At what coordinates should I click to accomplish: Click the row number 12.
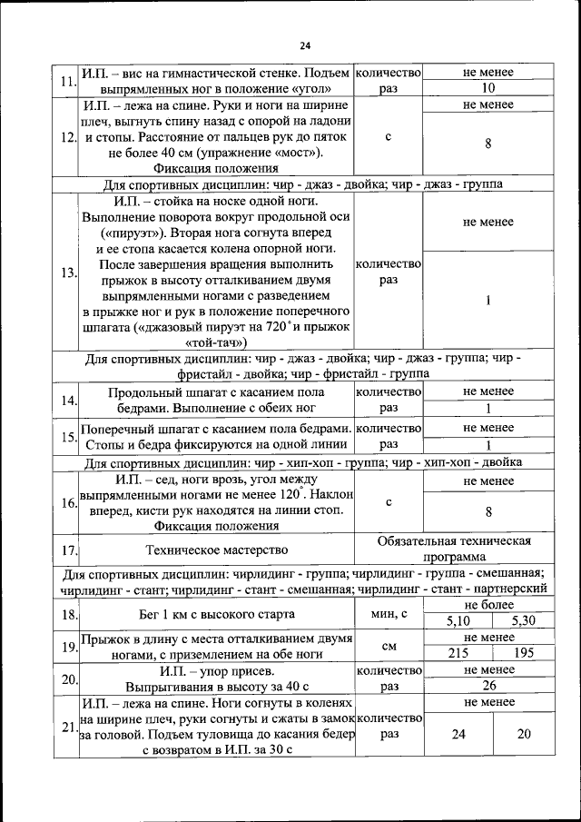[67, 138]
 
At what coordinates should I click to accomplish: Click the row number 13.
[67, 272]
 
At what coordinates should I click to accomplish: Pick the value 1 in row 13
[487, 302]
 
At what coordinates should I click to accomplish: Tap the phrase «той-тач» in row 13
[215, 343]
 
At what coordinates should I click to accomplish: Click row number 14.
[67, 401]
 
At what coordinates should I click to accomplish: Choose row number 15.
[67, 437]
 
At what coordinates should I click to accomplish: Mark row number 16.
[67, 502]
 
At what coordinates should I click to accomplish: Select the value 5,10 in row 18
[458, 621]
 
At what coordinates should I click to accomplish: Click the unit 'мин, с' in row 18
[389, 614]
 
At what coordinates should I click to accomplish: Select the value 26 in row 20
[487, 687]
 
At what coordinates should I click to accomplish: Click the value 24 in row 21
[458, 733]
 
